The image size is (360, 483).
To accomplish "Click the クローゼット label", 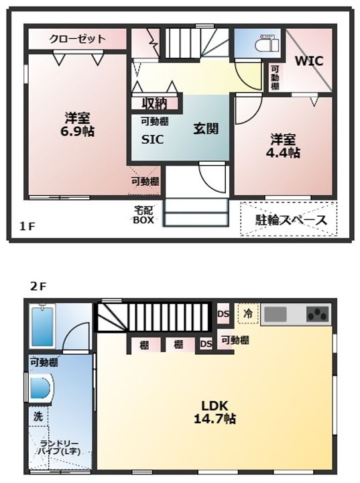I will coord(77,39).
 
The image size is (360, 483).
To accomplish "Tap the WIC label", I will coord(309,60).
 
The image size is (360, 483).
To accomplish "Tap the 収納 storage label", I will coord(154,103).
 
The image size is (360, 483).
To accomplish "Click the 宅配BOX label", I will coord(143,215).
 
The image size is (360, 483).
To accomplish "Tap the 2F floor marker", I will coord(37,286).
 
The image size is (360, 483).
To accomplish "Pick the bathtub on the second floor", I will coord(43,329).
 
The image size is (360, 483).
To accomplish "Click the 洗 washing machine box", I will coord(38,416).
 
